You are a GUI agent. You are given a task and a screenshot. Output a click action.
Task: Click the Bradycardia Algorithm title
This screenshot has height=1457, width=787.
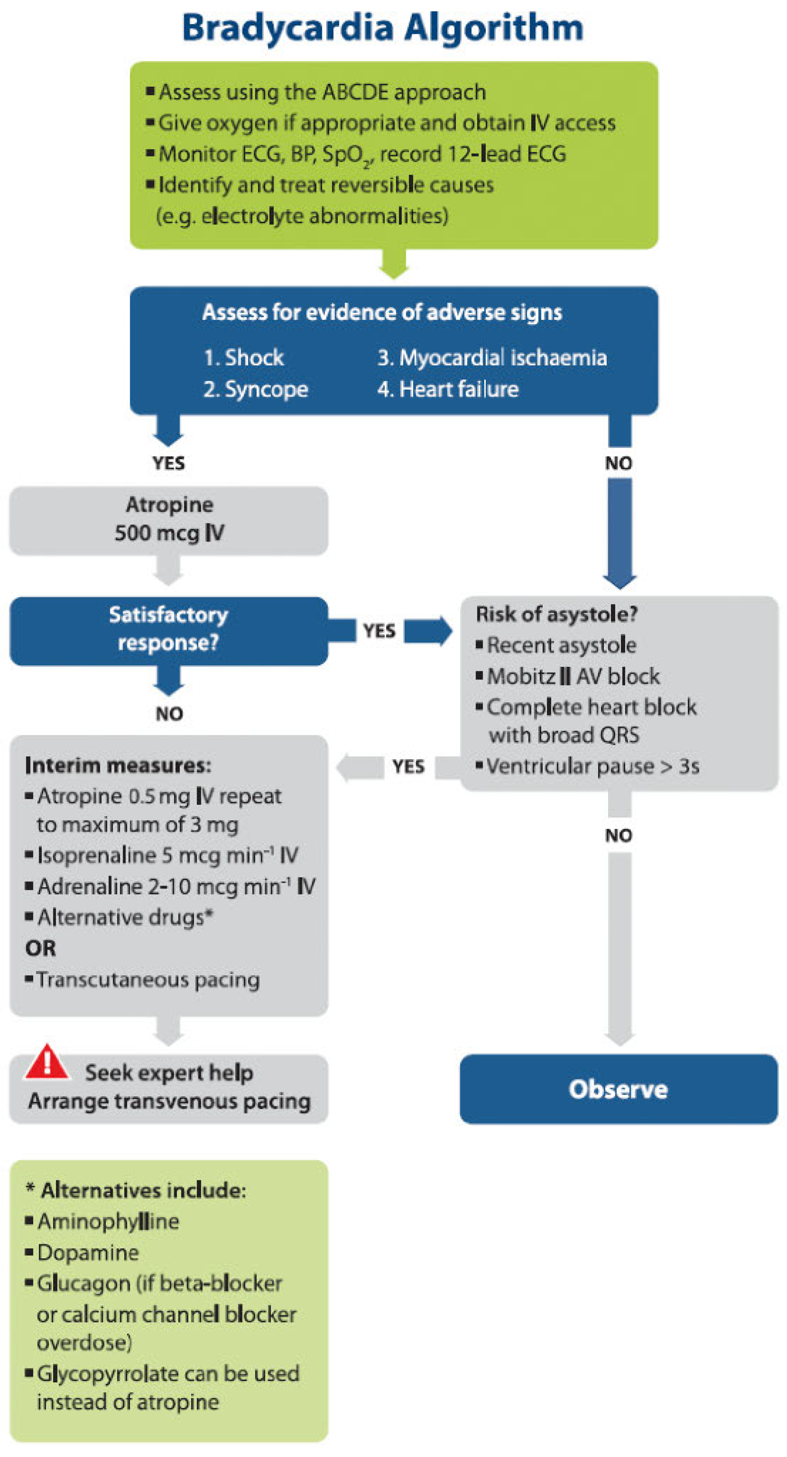(x=382, y=28)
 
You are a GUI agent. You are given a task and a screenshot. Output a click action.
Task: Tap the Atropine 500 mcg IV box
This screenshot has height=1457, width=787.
(x=169, y=519)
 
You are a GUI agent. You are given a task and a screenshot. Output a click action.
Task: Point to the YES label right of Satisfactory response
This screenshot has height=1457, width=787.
(x=379, y=631)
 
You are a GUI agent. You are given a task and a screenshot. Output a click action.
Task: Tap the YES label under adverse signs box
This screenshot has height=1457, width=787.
(x=169, y=463)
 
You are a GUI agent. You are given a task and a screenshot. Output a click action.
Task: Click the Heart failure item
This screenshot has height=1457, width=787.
(x=458, y=389)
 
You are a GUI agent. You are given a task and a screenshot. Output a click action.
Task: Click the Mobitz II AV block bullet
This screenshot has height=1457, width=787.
(x=573, y=677)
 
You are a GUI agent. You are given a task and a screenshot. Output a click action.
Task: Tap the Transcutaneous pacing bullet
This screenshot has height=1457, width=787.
(x=148, y=980)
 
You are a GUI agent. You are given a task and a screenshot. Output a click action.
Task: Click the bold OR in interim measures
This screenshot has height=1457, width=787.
(x=41, y=949)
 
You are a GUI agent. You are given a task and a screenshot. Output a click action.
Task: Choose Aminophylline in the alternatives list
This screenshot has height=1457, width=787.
(x=108, y=1222)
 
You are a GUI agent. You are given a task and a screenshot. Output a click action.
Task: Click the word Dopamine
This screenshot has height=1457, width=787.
(x=88, y=1253)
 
